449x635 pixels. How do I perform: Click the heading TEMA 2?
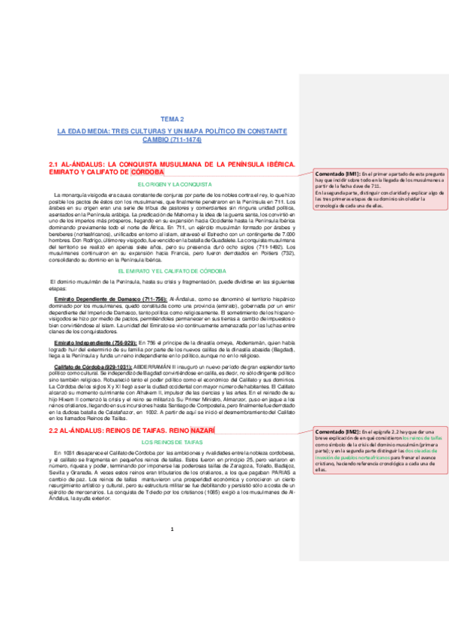pyautogui.click(x=172, y=119)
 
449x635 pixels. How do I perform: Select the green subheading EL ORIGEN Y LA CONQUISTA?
pyautogui.click(x=172, y=184)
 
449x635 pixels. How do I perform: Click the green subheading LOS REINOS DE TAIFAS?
pyautogui.click(x=172, y=443)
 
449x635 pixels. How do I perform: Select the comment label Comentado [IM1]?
pyautogui.click(x=339, y=173)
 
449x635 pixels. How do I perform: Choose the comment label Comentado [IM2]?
pyautogui.click(x=339, y=434)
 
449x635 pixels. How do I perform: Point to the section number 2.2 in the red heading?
pyautogui.click(x=53, y=432)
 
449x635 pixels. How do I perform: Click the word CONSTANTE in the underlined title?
pyautogui.click(x=262, y=132)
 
